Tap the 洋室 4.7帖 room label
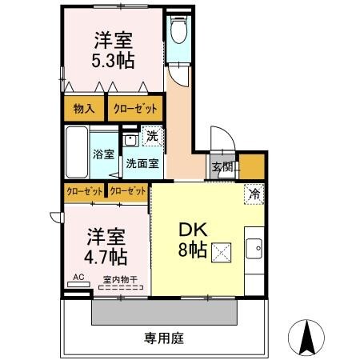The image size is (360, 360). coord(106,246)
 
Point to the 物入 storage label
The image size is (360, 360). coord(84,108)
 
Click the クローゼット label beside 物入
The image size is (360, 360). coord(134,108)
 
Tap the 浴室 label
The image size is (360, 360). coord(102,154)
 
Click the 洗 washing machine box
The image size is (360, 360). coord(151,137)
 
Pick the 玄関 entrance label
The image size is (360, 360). coord(222,167)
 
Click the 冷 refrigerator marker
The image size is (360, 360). coord(254,193)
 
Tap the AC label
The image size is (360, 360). coord(78,278)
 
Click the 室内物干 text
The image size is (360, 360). coord(119,280)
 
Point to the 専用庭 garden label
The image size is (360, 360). coord(164,338)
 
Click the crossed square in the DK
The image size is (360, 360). coord(221,250)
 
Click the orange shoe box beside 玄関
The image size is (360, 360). coord(252,166)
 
